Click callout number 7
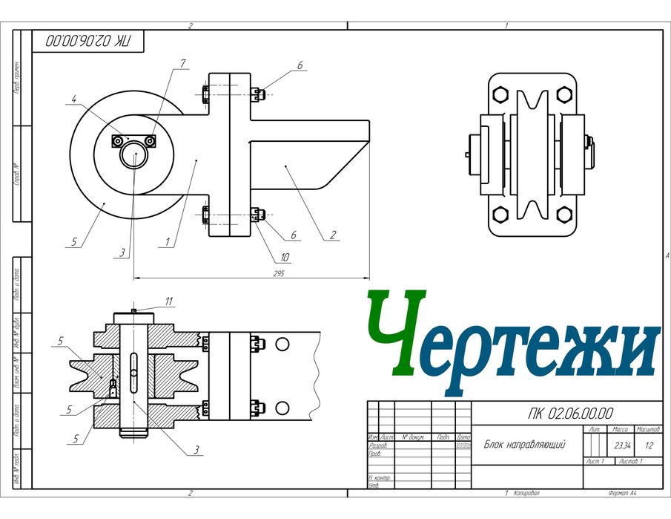pyautogui.click(x=178, y=65)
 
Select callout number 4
pyautogui.click(x=75, y=97)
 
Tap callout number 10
pyautogui.click(x=285, y=258)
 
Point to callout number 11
pyautogui.click(x=169, y=301)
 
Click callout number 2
pyautogui.click(x=333, y=235)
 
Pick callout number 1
pyautogui.click(x=168, y=241)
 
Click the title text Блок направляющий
pyautogui.click(x=525, y=445)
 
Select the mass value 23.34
pyautogui.click(x=621, y=445)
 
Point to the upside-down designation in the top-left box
pyautogui.click(x=86, y=42)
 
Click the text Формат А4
pyautogui.click(x=622, y=493)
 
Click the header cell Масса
pyautogui.click(x=621, y=430)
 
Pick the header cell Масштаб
pyautogui.click(x=649, y=430)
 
